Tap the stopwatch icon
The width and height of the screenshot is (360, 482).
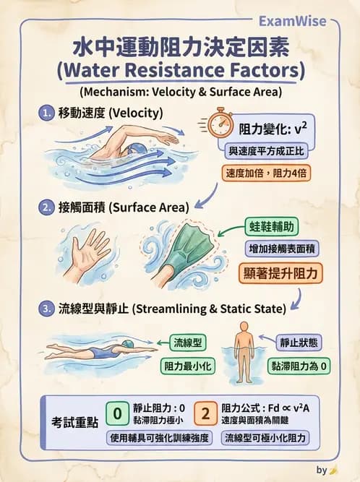pos(218,124)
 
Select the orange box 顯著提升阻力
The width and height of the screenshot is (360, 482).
pos(280,273)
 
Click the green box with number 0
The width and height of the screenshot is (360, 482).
pos(118,414)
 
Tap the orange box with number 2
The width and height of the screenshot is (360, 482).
pos(205,414)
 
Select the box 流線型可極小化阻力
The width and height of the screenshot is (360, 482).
pos(266,438)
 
